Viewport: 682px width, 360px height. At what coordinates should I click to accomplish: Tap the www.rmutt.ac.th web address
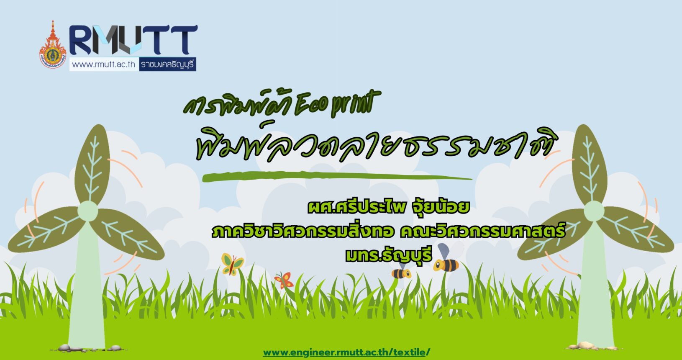coord(103,64)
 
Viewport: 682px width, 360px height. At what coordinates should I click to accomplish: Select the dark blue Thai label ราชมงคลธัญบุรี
coord(167,64)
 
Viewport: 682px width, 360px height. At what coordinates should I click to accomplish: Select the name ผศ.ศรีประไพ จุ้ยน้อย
coord(389,207)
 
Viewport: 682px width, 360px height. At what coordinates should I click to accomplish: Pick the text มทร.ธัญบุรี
coord(389,255)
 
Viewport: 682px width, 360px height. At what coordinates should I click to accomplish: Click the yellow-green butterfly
coord(233,264)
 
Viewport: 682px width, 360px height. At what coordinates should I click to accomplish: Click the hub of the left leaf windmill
coord(88,211)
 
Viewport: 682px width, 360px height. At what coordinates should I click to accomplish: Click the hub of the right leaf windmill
coord(594,211)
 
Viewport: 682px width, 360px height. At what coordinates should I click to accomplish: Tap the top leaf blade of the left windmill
coord(93,165)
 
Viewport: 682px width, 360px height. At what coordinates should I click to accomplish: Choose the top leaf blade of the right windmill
coord(589,165)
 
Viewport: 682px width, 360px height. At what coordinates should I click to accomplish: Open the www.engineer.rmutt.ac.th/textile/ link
coord(346,352)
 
